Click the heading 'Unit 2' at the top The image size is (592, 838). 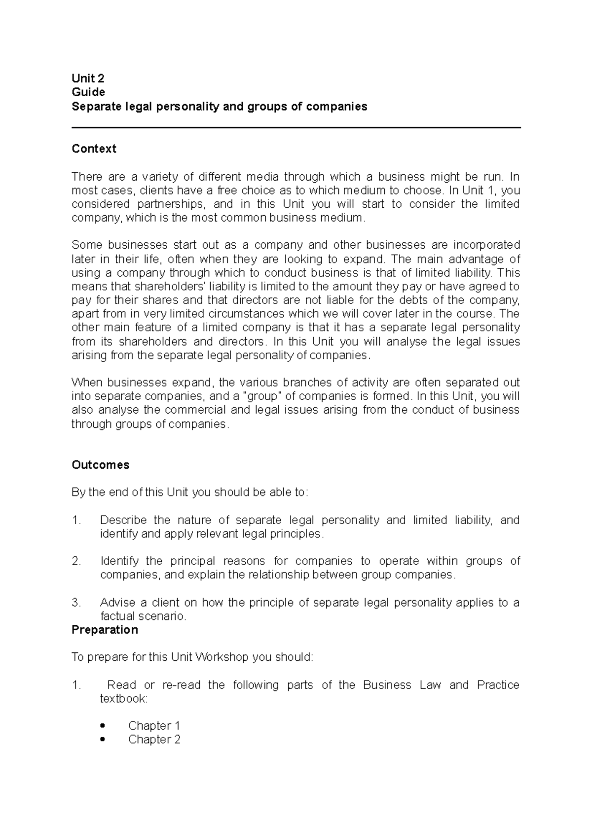point(88,78)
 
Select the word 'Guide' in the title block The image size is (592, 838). point(88,92)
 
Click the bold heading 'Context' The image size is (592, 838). point(94,149)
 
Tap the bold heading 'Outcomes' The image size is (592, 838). point(100,465)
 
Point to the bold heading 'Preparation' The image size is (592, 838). point(105,630)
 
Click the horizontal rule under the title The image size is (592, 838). point(296,128)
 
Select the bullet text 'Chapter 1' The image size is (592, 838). point(154,725)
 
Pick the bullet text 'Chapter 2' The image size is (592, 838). point(154,739)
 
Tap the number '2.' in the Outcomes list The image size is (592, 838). point(76,561)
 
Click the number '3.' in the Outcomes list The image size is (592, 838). point(76,603)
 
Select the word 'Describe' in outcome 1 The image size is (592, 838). point(123,520)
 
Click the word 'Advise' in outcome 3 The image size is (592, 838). point(116,603)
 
